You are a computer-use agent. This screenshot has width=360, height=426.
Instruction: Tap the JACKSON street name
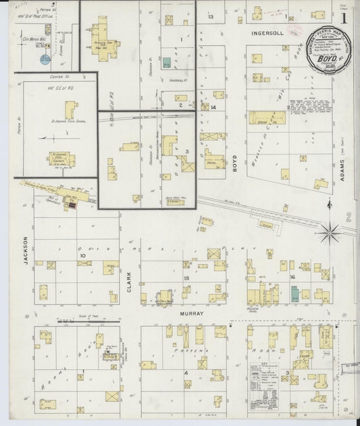pyautogui.click(x=27, y=249)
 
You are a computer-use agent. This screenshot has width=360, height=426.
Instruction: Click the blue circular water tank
pyautogui.click(x=45, y=59)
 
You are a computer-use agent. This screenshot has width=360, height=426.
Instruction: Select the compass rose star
pyautogui.click(x=330, y=233)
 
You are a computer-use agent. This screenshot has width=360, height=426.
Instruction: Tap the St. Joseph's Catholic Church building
pyautogui.click(x=61, y=160)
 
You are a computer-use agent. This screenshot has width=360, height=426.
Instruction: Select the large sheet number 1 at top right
pyautogui.click(x=346, y=16)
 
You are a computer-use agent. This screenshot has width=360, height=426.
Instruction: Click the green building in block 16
pyautogui.click(x=294, y=293)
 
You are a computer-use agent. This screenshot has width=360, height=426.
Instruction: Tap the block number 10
pyautogui.click(x=82, y=256)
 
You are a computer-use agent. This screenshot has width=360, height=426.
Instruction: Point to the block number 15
pyautogui.click(x=186, y=277)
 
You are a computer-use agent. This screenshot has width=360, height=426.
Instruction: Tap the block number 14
pyautogui.click(x=213, y=107)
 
